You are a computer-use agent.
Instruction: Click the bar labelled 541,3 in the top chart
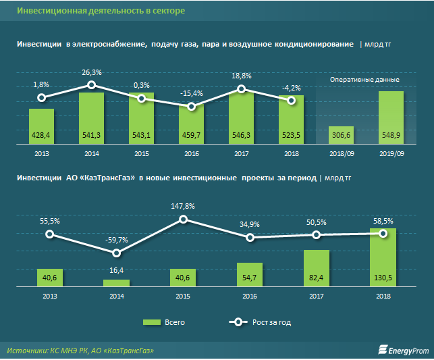click(91, 118)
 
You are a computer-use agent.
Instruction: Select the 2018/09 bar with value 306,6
click(341, 136)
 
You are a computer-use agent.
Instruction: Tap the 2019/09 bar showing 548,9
click(391, 118)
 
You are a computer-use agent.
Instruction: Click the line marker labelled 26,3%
click(92, 85)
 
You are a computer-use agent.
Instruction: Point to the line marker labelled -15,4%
click(192, 107)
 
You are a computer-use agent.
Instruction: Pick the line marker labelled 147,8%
click(183, 219)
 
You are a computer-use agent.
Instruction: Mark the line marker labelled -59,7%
click(117, 253)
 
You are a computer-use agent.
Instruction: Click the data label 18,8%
click(242, 76)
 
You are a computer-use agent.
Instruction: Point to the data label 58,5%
click(383, 221)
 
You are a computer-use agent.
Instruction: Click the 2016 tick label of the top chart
click(192, 154)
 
